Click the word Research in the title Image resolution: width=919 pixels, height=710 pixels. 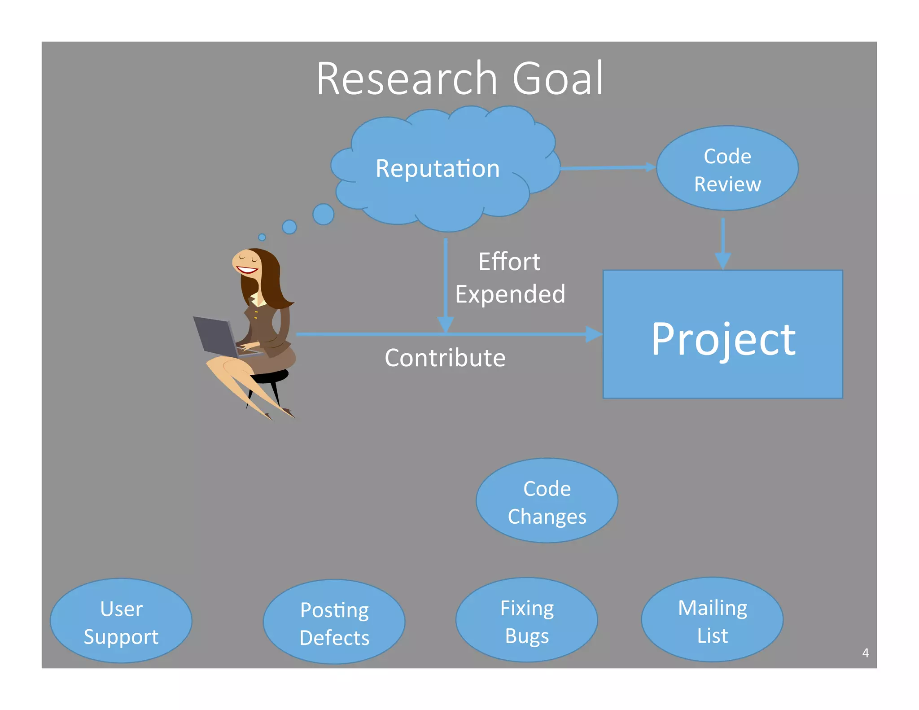click(x=407, y=79)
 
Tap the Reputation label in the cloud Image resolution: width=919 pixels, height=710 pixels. click(x=438, y=169)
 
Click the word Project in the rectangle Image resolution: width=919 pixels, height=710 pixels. click(x=723, y=340)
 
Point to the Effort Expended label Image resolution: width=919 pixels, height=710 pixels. click(x=510, y=278)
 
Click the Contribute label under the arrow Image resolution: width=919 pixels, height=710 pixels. click(x=445, y=358)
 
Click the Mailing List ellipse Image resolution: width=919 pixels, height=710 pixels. click(x=712, y=621)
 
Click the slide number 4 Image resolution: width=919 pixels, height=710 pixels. click(x=865, y=653)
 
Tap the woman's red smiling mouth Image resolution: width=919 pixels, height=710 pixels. click(x=247, y=270)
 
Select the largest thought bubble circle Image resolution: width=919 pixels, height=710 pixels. click(x=323, y=214)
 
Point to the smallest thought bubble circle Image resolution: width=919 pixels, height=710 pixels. click(x=262, y=237)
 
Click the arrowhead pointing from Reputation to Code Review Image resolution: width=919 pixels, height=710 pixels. click(x=650, y=167)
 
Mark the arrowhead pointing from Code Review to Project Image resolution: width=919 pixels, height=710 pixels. click(x=722, y=261)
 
